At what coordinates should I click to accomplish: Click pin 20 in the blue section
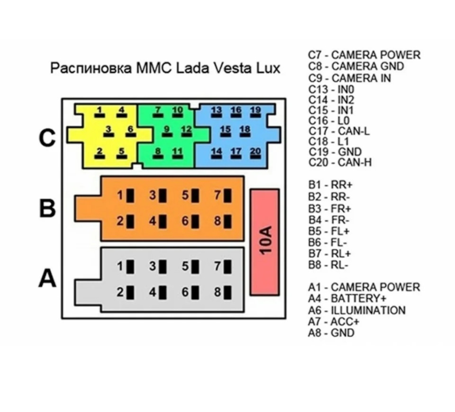point(255,154)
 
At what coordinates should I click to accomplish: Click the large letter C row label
point(47,138)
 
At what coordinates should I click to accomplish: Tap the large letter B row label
point(47,207)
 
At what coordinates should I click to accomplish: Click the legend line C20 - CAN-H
point(340,163)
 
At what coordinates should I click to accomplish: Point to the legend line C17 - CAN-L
point(338,131)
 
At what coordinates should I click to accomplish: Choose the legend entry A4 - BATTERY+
point(347,299)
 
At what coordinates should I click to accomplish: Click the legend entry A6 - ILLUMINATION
point(356,310)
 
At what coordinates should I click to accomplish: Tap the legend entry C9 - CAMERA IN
point(349,78)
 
